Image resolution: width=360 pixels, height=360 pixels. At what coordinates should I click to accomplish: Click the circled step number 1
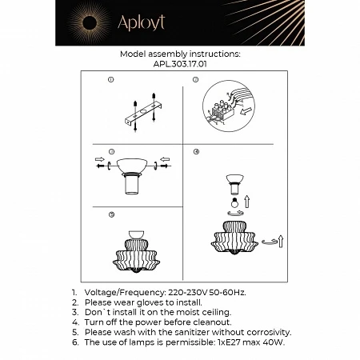coord(110,80)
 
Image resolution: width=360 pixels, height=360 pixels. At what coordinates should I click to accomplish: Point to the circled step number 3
coord(110,150)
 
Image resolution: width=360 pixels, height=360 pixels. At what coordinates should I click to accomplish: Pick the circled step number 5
coord(110,214)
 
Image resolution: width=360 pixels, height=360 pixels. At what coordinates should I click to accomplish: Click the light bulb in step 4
coord(234,204)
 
